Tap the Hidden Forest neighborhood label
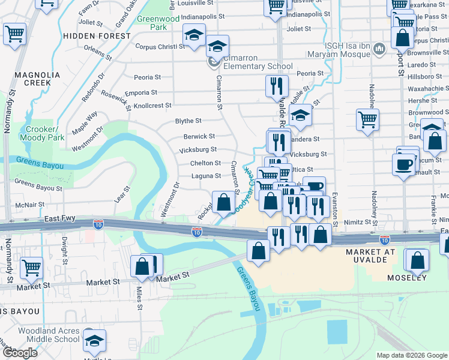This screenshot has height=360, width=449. (x=97, y=36)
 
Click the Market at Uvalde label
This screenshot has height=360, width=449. (x=370, y=256)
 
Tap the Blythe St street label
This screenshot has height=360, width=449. (x=188, y=121)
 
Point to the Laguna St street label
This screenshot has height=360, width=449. (x=206, y=176)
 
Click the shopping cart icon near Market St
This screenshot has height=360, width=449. (x=31, y=267)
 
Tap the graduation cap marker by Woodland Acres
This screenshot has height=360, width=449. (x=94, y=340)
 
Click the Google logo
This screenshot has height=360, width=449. (x=20, y=353)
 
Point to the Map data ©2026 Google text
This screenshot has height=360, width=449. (x=411, y=355)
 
